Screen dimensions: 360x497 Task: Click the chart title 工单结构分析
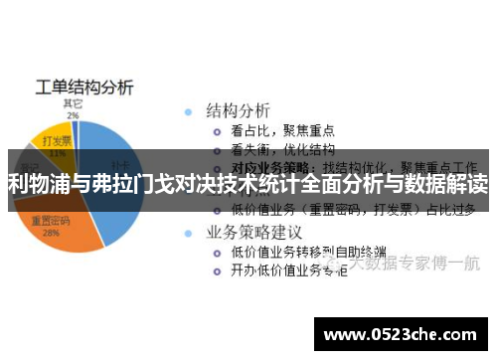tap(84, 86)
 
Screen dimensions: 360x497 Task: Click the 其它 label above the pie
tap(73, 102)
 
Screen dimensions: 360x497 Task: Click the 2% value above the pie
tap(73, 114)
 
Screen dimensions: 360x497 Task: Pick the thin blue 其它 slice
tap(75, 127)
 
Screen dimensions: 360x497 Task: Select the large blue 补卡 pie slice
tap(114, 169)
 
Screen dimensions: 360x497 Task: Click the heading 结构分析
tap(238, 109)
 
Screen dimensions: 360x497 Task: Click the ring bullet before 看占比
tap(217, 130)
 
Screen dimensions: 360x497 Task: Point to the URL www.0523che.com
tap(403, 332)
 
